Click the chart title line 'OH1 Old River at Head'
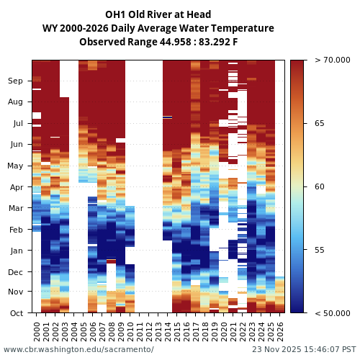(158, 14)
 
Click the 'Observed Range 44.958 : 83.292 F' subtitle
(158, 42)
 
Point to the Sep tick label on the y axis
(15, 81)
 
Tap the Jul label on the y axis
(17, 124)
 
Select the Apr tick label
(16, 187)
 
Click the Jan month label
(16, 251)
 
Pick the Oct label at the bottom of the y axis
(16, 313)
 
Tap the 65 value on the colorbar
(320, 124)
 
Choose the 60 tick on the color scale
(320, 187)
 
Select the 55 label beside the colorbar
(320, 251)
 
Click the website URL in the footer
(78, 349)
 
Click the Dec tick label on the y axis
(16, 272)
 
